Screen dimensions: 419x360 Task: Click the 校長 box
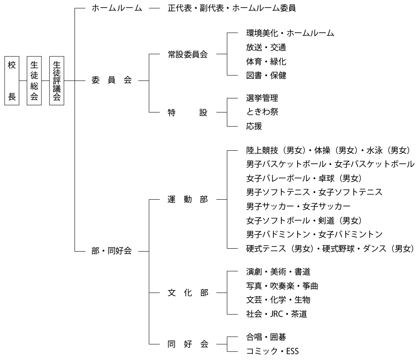pos(12,80)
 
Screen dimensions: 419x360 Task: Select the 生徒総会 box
pos(34,80)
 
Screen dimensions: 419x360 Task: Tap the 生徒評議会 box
pos(57,80)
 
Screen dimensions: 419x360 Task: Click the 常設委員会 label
pos(188,54)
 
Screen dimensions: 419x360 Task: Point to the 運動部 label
pos(188,199)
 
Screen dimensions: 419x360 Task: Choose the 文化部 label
pos(188,293)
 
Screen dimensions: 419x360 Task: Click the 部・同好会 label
pos(111,251)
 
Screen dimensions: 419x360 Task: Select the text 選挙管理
pos(262,98)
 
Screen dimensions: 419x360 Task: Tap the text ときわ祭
pos(262,112)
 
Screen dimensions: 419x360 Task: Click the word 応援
pos(254,126)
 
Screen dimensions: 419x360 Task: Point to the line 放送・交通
pos(266,47)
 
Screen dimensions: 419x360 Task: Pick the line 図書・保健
pos(266,75)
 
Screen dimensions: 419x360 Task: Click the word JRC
pos(276,314)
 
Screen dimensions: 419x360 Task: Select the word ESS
pos(292,351)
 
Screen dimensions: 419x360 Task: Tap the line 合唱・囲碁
pos(266,337)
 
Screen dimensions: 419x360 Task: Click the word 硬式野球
pos(338,249)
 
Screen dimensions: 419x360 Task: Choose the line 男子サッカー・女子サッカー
pos(298,206)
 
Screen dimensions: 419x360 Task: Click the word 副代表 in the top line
pos(212,8)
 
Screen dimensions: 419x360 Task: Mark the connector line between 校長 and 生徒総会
pos(23,80)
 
